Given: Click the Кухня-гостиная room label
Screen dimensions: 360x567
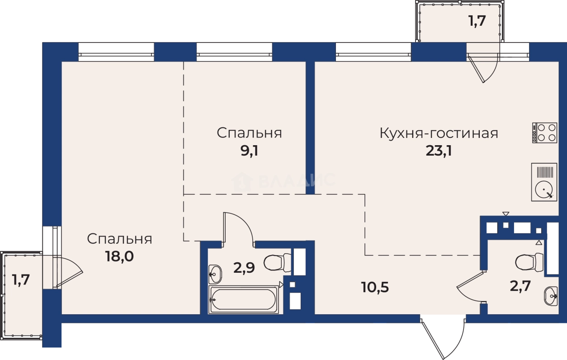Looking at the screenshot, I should (439, 133).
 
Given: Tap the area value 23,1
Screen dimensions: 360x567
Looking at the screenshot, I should (439, 151).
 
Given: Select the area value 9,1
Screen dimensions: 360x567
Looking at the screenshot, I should (249, 151).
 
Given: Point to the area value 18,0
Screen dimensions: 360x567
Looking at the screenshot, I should (119, 256).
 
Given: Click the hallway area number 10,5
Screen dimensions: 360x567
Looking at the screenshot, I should (375, 286).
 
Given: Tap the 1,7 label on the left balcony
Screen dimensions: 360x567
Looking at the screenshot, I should (21, 280).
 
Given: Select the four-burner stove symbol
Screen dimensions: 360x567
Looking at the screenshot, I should (544, 133).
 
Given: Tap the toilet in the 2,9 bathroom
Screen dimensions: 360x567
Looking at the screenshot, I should (277, 262).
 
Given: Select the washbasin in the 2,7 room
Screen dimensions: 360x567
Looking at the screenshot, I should (550, 296).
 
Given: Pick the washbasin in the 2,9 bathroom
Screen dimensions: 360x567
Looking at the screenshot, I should (215, 273).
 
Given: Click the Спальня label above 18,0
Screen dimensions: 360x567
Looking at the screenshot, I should (119, 239).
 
